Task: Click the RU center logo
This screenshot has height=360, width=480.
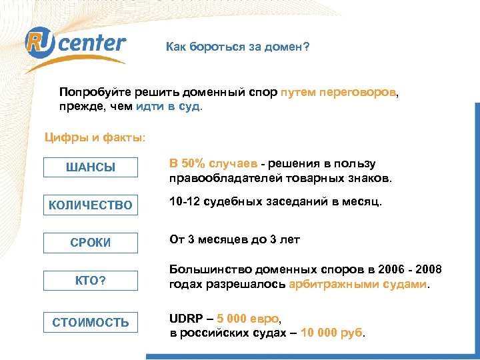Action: click(x=75, y=45)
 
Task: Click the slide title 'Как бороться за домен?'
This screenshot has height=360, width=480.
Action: click(x=237, y=47)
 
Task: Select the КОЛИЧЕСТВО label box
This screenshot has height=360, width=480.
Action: click(x=89, y=205)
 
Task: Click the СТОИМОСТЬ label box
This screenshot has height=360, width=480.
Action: click(x=90, y=323)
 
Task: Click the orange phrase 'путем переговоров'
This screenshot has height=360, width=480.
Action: click(x=338, y=91)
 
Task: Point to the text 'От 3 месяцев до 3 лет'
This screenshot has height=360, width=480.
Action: click(x=234, y=239)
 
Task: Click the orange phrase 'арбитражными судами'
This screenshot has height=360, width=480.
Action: click(x=358, y=284)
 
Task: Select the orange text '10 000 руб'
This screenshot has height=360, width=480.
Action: click(x=331, y=333)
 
